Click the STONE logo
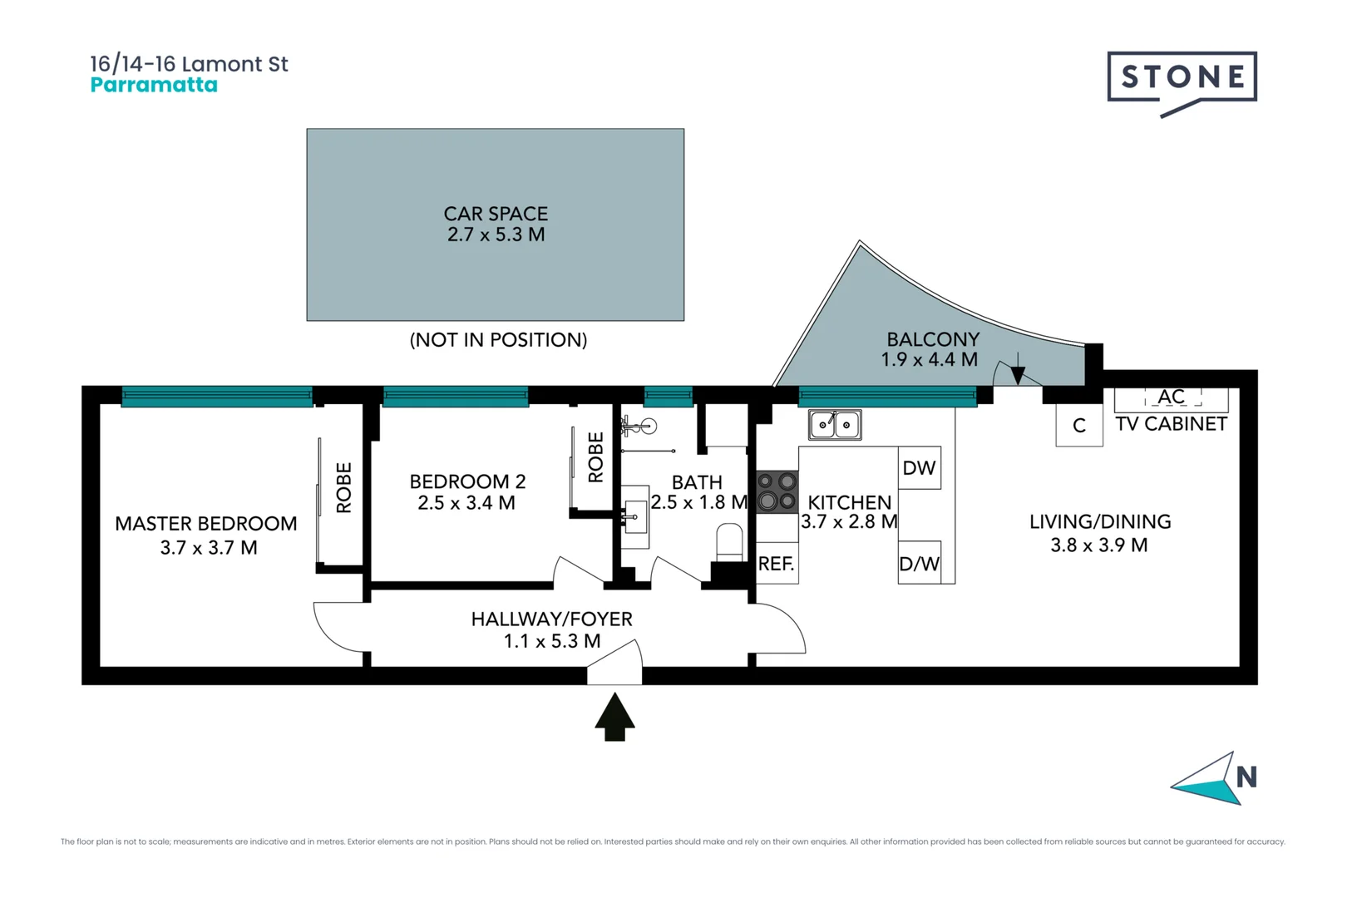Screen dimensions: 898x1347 [x=1181, y=78]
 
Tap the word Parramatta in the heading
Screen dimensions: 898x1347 [x=154, y=85]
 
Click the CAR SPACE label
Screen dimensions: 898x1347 [x=496, y=214]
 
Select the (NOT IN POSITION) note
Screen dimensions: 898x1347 [x=498, y=339]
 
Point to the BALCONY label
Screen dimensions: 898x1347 [x=933, y=339]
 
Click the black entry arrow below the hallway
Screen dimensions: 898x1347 [x=614, y=717]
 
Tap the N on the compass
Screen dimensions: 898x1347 [x=1246, y=777]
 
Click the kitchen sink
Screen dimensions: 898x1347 [x=835, y=425]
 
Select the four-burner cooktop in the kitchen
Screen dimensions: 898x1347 [x=777, y=491]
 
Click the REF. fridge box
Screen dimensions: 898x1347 [x=777, y=564]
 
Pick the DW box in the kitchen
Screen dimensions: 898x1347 [x=919, y=468]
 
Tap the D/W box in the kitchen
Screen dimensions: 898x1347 [x=919, y=564]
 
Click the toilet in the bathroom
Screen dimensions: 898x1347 [x=729, y=541]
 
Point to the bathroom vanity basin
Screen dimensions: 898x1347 [x=636, y=516]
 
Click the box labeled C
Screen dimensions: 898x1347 [x=1079, y=425]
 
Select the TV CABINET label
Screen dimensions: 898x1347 [x=1171, y=424]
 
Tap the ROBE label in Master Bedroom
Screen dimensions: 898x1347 [x=343, y=487]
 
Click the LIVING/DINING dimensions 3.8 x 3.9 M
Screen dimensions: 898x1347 [x=1099, y=545]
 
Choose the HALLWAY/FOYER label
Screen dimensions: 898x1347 [x=551, y=619]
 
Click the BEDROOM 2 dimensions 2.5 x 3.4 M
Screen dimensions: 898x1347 [x=466, y=503]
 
